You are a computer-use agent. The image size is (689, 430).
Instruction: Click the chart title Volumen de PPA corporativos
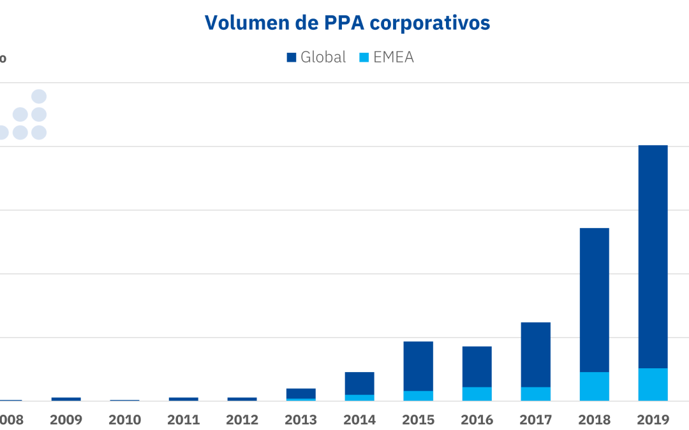(347, 22)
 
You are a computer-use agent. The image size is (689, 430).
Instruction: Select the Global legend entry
(316, 57)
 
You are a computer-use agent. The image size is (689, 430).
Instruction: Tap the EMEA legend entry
(387, 57)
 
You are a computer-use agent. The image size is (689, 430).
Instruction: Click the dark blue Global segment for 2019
(653, 255)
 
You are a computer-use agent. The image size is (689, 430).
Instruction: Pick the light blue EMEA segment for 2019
(653, 385)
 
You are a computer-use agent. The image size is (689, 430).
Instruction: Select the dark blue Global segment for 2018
(594, 299)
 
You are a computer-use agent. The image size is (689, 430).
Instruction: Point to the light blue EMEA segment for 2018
(594, 387)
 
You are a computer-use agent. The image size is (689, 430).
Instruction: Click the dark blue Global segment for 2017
(535, 354)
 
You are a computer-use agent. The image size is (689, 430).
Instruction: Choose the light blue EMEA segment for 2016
(477, 394)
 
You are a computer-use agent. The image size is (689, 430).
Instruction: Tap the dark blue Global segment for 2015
(418, 366)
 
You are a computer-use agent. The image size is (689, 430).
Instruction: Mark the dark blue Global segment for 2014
(359, 383)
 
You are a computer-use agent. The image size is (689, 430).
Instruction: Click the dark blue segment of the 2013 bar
(300, 393)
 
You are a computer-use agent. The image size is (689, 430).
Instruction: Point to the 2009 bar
(66, 399)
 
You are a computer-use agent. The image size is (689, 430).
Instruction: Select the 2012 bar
(242, 399)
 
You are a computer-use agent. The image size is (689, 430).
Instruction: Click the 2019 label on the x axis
(653, 420)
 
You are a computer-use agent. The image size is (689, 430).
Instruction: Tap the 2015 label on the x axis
(418, 420)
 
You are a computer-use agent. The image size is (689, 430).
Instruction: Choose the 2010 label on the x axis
(124, 420)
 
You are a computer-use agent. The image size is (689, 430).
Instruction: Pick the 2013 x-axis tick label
(300, 420)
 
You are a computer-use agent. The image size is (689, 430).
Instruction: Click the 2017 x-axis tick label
(535, 420)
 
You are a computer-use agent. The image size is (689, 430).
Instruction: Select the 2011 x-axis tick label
(183, 420)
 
